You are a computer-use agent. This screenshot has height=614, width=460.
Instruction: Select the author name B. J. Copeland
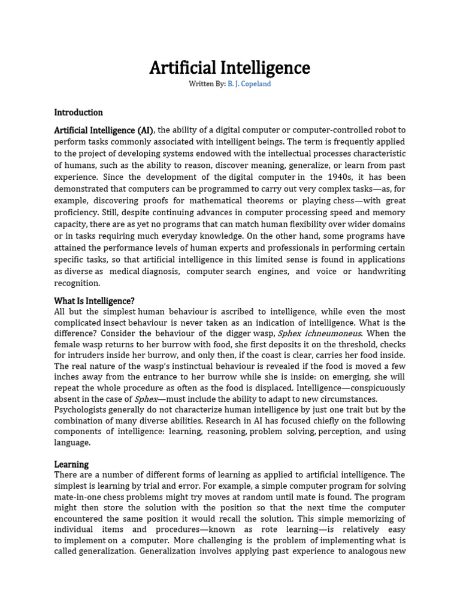point(249,84)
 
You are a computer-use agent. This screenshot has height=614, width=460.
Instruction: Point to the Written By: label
point(207,84)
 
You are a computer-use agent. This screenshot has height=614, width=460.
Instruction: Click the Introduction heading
point(78,112)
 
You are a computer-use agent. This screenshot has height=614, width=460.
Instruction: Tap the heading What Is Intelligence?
point(94,300)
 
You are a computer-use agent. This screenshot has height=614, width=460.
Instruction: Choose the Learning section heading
point(71,464)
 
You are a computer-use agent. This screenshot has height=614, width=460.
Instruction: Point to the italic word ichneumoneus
point(331,333)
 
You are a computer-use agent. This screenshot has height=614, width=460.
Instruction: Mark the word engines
point(273,271)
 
